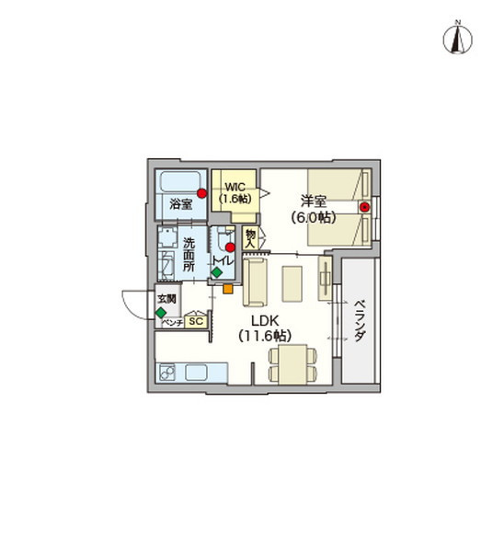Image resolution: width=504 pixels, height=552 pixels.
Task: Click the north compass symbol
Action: [x=457, y=38]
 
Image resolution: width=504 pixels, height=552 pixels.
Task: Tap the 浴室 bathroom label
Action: [x=181, y=204]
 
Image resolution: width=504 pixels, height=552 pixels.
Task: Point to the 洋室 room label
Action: [x=314, y=201]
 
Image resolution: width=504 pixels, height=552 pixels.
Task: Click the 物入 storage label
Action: [x=250, y=238]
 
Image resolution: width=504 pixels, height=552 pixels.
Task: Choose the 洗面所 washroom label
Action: [x=189, y=255]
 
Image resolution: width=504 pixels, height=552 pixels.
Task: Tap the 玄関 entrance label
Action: [x=166, y=299]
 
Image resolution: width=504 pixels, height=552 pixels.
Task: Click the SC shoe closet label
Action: [x=196, y=321]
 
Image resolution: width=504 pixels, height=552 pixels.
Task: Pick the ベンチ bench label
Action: [x=173, y=323]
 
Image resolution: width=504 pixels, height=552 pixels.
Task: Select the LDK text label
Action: [x=265, y=321]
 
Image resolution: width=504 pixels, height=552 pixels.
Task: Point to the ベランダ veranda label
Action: [x=360, y=321]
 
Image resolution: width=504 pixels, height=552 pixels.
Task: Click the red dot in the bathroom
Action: [x=201, y=193]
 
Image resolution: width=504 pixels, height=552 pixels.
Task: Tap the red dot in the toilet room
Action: [x=230, y=247]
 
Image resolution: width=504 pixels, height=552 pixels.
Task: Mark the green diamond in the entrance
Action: [x=161, y=313]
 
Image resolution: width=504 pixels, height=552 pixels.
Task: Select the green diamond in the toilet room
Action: [x=217, y=272]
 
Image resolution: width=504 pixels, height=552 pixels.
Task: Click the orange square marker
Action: [x=228, y=289]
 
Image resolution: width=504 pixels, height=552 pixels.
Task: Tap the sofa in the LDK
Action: [x=255, y=282]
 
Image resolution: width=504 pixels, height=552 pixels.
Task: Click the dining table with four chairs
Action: [x=292, y=364]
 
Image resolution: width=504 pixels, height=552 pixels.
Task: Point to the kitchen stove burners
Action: [x=167, y=372]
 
